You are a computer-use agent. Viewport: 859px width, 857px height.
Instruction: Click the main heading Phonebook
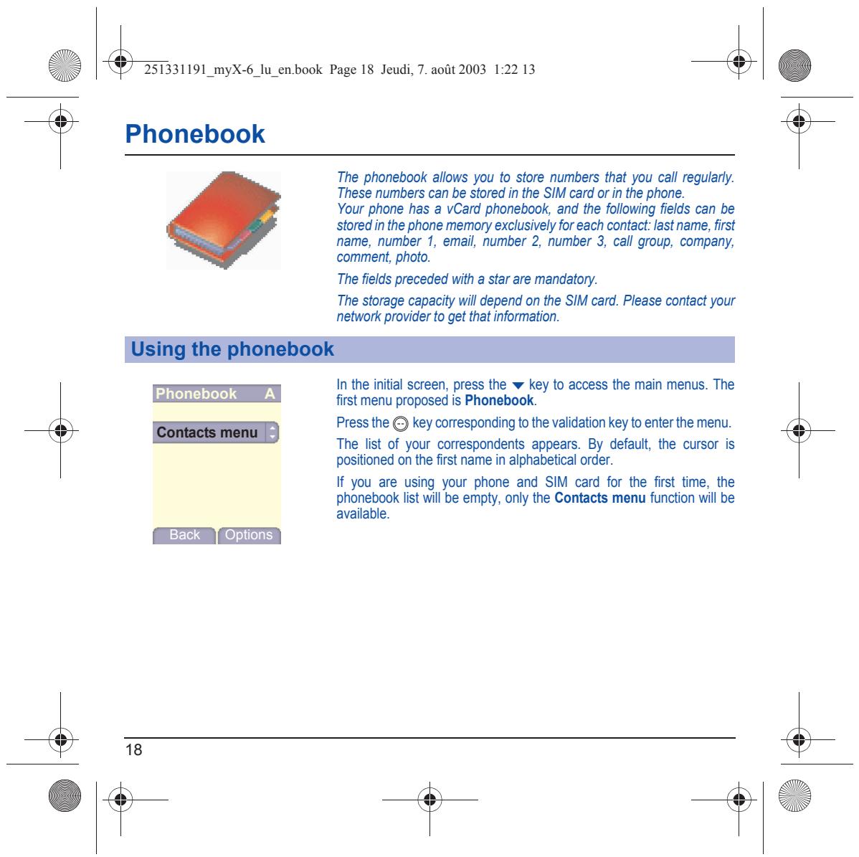tap(195, 133)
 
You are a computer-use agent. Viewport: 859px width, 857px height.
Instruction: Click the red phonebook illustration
tap(224, 220)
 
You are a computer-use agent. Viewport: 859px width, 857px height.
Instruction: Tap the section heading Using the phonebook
tap(232, 349)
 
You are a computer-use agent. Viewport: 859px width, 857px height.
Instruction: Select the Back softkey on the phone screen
tap(184, 535)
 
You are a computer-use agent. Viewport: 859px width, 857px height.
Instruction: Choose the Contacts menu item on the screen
tap(207, 432)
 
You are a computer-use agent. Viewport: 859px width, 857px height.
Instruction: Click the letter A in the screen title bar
tap(270, 394)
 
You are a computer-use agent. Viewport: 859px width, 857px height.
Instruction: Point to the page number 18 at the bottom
tap(133, 749)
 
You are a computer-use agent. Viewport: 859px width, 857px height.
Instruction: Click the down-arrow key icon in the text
tap(518, 386)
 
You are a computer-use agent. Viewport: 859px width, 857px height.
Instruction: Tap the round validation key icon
tap(401, 424)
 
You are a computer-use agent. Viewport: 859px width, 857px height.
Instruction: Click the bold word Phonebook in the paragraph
tap(499, 401)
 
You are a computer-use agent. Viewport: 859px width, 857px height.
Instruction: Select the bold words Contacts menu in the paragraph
tap(600, 498)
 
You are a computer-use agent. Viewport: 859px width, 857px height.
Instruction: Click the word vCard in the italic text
tap(463, 209)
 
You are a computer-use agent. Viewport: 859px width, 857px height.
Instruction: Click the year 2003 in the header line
tap(473, 70)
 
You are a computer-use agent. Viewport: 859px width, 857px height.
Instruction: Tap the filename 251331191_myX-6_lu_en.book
tap(233, 70)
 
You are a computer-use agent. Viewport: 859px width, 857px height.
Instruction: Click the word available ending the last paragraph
tap(362, 514)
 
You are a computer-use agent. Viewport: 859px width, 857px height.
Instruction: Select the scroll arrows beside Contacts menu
tap(272, 432)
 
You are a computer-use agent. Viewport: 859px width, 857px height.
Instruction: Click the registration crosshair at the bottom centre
tap(430, 800)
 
